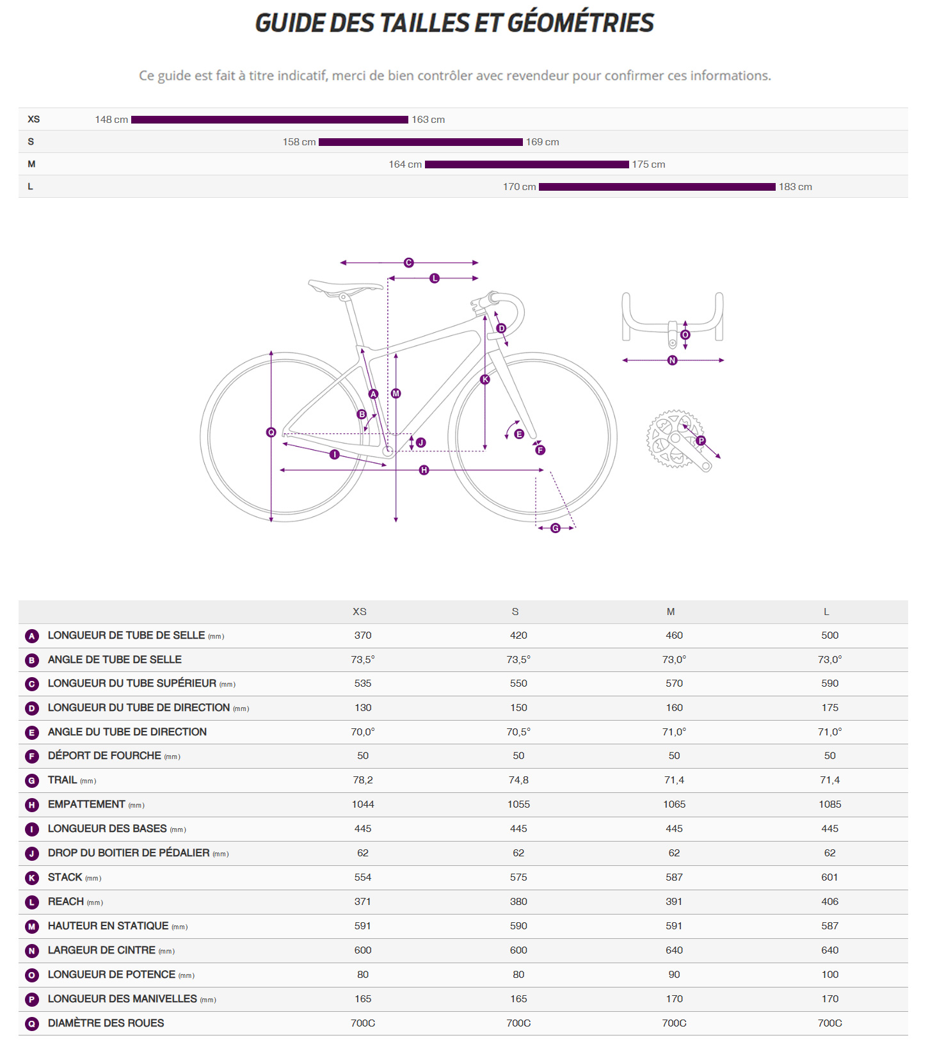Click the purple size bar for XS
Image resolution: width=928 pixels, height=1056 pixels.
pos(269,120)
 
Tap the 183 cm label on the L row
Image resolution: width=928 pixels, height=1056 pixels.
pos(795,187)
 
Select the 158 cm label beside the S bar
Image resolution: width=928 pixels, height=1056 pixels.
pos(299,142)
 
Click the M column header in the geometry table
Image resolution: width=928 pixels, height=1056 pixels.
pos(670,612)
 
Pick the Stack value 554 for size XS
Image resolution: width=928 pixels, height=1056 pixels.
pos(362,877)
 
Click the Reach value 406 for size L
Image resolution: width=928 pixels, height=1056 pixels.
pos(829,902)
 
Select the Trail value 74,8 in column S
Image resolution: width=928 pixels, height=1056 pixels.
pos(518,780)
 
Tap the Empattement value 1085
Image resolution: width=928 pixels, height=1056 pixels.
pos(829,804)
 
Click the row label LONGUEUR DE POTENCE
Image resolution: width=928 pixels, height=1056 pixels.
pos(111,975)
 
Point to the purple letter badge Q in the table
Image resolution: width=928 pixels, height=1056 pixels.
pos(32,1024)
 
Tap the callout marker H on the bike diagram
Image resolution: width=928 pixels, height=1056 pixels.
pos(424,470)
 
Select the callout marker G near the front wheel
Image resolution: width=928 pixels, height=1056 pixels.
pos(555,528)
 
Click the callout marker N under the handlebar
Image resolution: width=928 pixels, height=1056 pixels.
pos(672,360)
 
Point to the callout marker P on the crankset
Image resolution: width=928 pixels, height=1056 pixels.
pos(701,440)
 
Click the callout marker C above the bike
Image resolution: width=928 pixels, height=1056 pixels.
pos(408,262)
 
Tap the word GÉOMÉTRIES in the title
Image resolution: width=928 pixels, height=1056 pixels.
pos(580,23)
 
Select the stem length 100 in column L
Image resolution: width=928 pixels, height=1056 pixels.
pos(829,975)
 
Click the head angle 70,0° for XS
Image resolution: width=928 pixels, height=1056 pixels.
pos(362,732)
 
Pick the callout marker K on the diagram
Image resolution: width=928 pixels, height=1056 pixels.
pos(484,380)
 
